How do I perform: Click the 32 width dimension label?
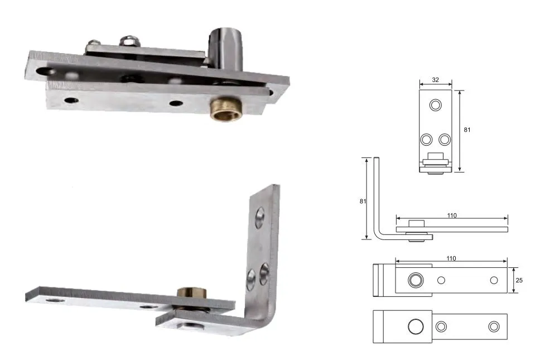click(435, 80)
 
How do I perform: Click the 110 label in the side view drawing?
click(451, 215)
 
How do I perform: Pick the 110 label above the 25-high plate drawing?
click(451, 258)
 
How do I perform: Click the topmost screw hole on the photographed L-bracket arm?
click(260, 217)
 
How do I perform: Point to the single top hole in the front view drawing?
click(435, 105)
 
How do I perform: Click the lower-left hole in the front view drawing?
click(426, 138)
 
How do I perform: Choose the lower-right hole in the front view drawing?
click(444, 138)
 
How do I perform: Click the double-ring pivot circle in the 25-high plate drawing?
click(414, 280)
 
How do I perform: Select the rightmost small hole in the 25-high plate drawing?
click(493, 280)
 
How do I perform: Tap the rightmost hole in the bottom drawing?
click(493, 326)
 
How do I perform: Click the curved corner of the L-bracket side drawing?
click(379, 235)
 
